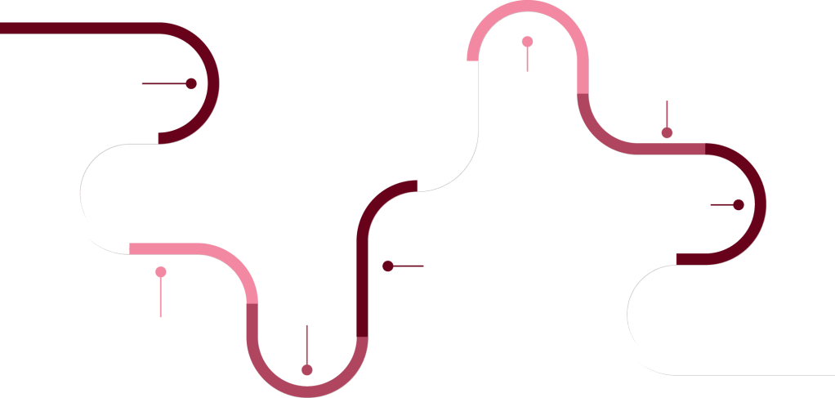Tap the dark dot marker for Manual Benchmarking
point(191,83)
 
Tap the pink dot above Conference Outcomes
point(161,272)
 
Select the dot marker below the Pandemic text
point(306,369)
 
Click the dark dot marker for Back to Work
point(388,266)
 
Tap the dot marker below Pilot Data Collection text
point(667,132)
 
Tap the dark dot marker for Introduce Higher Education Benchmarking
point(739,205)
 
